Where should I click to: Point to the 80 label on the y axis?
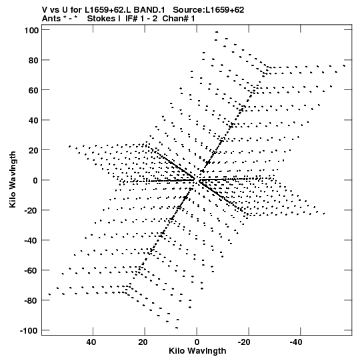pos(33,60)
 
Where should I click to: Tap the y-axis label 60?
pos(33,90)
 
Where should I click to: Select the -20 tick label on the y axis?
pos(31,210)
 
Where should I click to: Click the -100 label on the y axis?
pos(29,330)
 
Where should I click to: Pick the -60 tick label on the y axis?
pos(31,270)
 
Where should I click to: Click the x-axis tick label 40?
pos(91,342)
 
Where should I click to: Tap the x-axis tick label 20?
pos(143,342)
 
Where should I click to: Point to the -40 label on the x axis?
pos(296,342)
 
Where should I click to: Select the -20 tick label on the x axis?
pos(244,342)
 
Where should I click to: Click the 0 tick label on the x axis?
pos(197,342)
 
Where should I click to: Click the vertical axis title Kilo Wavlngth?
pos(13,179)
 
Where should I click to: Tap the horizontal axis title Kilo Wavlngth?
pos(197,351)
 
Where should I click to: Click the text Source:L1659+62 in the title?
pos(209,10)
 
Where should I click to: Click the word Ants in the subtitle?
pos(51,19)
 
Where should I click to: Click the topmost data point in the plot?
pos(217,32)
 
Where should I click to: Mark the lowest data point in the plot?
pos(177,328)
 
